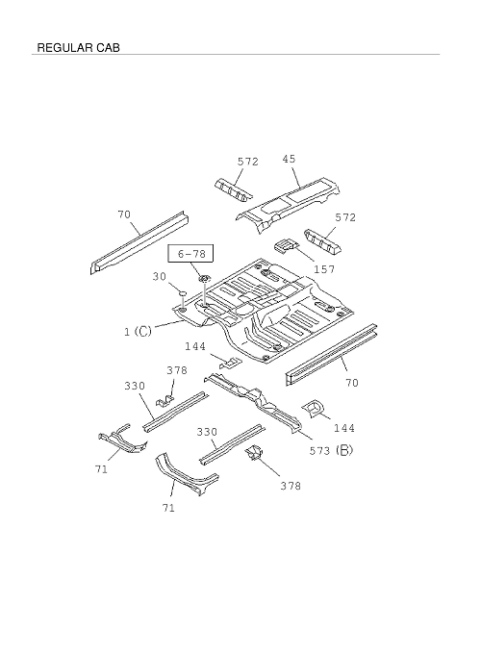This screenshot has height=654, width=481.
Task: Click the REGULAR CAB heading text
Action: (79, 47)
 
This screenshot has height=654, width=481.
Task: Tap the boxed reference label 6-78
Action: (191, 254)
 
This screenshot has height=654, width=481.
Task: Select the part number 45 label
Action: (289, 159)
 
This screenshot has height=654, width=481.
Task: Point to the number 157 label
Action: (324, 269)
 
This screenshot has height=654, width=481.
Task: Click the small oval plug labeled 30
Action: (183, 293)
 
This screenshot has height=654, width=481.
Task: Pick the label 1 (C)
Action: (138, 332)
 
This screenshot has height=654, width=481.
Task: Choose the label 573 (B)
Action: (331, 450)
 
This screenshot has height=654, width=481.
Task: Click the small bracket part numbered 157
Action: (286, 244)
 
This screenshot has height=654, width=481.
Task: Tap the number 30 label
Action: (160, 277)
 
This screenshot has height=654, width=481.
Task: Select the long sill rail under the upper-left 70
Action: (139, 242)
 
